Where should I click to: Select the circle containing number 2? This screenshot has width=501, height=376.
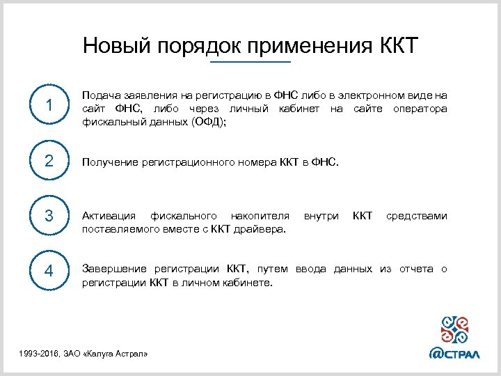[49, 162]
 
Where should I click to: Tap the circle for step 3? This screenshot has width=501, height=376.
[49, 216]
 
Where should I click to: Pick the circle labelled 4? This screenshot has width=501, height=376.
[49, 271]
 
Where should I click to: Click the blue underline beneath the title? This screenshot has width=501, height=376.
[250, 63]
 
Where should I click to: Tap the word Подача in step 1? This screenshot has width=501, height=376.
[100, 95]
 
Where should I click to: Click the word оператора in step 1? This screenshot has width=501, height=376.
[420, 108]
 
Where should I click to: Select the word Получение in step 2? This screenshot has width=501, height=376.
[109, 162]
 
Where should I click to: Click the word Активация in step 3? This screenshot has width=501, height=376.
[107, 216]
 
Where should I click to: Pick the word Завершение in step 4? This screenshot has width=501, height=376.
[114, 269]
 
